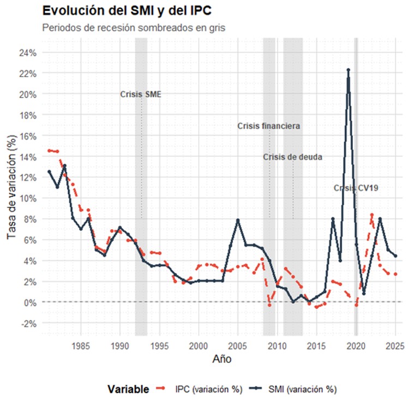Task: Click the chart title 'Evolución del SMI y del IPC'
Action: tap(126, 10)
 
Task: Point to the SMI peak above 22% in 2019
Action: tap(348, 70)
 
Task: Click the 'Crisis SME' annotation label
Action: tap(141, 94)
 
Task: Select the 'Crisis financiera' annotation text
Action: tap(268, 126)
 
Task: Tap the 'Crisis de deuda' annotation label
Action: tap(292, 157)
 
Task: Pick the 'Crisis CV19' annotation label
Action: tap(356, 188)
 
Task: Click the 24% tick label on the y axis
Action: tap(28, 53)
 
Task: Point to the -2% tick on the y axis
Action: tap(29, 323)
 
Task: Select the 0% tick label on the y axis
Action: tap(30, 302)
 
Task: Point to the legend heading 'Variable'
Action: tap(128, 389)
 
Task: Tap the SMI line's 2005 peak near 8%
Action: tap(238, 220)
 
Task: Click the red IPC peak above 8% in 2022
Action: tap(371, 215)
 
